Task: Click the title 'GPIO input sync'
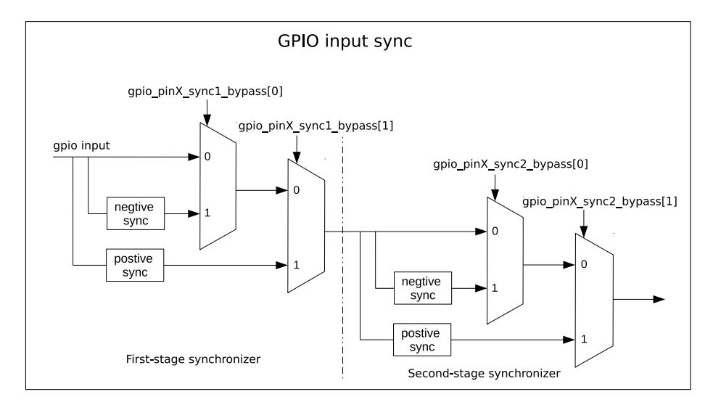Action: pos(345,41)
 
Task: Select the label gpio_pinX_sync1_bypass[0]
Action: pos(205,91)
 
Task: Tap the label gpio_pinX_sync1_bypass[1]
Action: pos(316,126)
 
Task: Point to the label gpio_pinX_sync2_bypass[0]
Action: pos(511,164)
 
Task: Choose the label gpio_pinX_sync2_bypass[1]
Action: pos(600,202)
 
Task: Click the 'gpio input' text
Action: pos(81,146)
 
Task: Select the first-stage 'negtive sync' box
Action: pos(136,213)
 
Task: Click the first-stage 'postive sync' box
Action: pos(135,266)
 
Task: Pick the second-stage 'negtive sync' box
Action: pos(423,288)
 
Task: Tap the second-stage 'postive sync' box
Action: pos(422,340)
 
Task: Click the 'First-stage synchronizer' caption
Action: pos(193,359)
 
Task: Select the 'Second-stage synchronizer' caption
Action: pos(484,374)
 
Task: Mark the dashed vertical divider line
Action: pos(343,257)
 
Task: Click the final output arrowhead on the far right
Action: pos(659,300)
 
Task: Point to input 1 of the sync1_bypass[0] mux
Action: pos(207,213)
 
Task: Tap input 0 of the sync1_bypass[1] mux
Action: pos(297,190)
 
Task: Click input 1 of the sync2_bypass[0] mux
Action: pos(495,288)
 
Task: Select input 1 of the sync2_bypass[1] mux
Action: pos(584,339)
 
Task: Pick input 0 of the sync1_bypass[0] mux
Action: pos(207,157)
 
